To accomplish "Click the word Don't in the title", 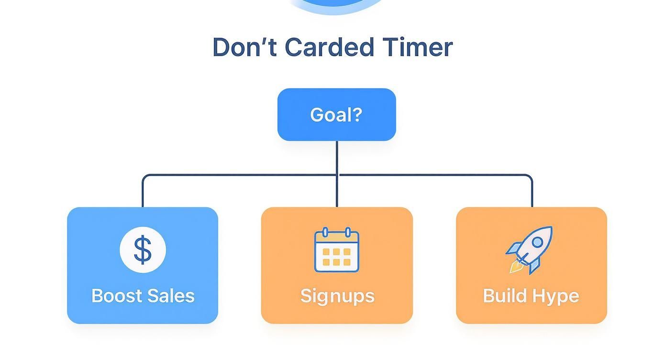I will pos(244,47).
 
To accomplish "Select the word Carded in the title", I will pos(329,47).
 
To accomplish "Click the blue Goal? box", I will pos(336,114).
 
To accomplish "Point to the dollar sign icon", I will pos(143,250).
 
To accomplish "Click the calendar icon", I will pos(337,250).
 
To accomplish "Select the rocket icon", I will pos(530,249).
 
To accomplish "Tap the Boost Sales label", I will pos(143,296).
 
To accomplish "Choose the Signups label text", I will pos(337,296).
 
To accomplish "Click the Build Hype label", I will pos(531,296).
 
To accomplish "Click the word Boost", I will pos(115,296).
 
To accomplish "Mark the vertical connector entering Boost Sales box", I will pos(143,194).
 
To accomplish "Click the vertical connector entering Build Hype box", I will pos(532,194).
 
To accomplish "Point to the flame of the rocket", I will pos(515,267).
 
